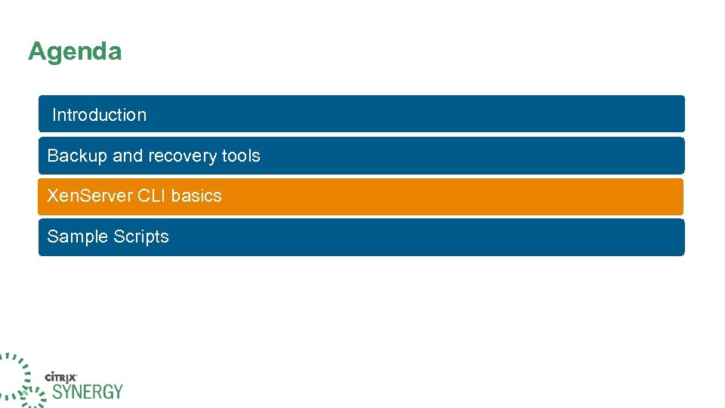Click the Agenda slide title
[75, 52]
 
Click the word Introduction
[99, 115]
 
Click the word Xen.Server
[90, 196]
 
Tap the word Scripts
[141, 236]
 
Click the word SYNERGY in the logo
[87, 391]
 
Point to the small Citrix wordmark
[62, 376]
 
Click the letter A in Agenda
[36, 52]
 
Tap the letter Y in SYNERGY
[65, 391]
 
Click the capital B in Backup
[52, 156]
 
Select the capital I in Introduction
[54, 115]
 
